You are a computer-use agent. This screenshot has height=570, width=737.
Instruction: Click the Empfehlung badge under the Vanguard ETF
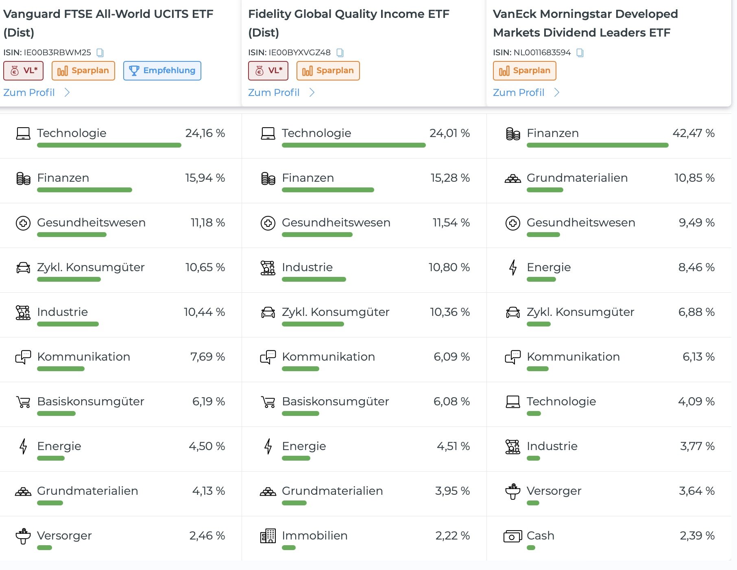[162, 71]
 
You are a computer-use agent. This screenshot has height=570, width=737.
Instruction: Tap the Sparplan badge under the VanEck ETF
[524, 71]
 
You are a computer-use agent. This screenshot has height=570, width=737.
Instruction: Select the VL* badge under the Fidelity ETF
[268, 71]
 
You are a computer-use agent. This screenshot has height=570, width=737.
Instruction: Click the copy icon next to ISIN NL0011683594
[580, 53]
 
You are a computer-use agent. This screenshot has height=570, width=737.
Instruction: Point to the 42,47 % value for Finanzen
[693, 133]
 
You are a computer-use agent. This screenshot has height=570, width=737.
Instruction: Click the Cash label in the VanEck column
[540, 535]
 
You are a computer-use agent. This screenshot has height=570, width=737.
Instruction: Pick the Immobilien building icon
[268, 536]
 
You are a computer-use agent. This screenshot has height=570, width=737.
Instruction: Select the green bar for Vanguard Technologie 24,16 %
[109, 145]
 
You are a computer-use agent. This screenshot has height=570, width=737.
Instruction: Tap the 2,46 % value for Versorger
[207, 535]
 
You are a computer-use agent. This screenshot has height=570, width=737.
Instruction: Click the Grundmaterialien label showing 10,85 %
[577, 178]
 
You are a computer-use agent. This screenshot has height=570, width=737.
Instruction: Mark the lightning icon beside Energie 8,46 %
[513, 268]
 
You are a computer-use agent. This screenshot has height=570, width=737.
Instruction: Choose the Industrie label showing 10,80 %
[307, 267]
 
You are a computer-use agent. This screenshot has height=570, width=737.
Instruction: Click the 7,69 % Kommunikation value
[207, 357]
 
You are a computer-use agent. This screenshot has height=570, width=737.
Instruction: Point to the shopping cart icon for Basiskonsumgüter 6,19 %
[23, 402]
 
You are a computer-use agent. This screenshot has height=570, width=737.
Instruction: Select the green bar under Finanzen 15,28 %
[328, 190]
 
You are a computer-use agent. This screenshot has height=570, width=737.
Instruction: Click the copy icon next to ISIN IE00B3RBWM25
[100, 53]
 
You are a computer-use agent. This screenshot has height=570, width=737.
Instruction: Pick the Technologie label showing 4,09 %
[561, 401]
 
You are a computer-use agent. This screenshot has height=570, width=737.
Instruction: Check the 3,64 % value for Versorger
[696, 491]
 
